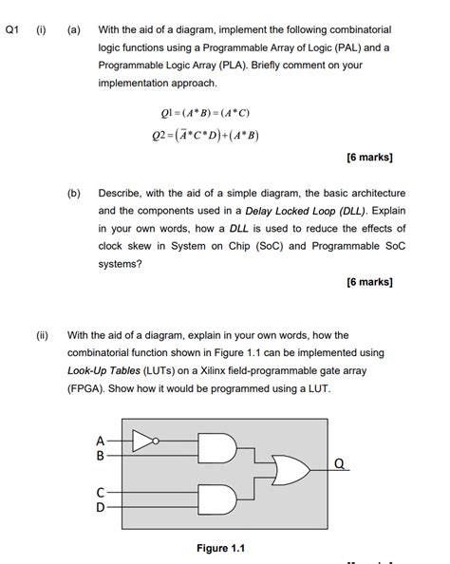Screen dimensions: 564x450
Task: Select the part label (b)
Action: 73,193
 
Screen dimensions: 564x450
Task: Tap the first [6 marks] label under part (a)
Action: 369,157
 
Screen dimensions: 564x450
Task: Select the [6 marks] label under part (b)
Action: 369,282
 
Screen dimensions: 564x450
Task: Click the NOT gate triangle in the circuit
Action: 144,440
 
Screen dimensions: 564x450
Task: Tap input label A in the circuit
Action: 101,440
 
